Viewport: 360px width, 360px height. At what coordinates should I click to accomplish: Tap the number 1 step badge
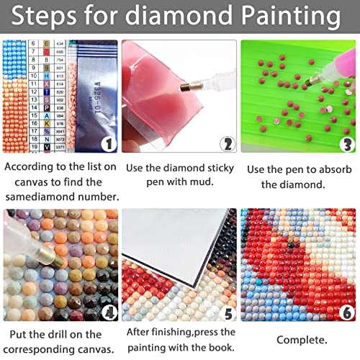click(x=107, y=143)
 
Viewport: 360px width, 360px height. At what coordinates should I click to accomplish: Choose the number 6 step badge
click(x=346, y=312)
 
